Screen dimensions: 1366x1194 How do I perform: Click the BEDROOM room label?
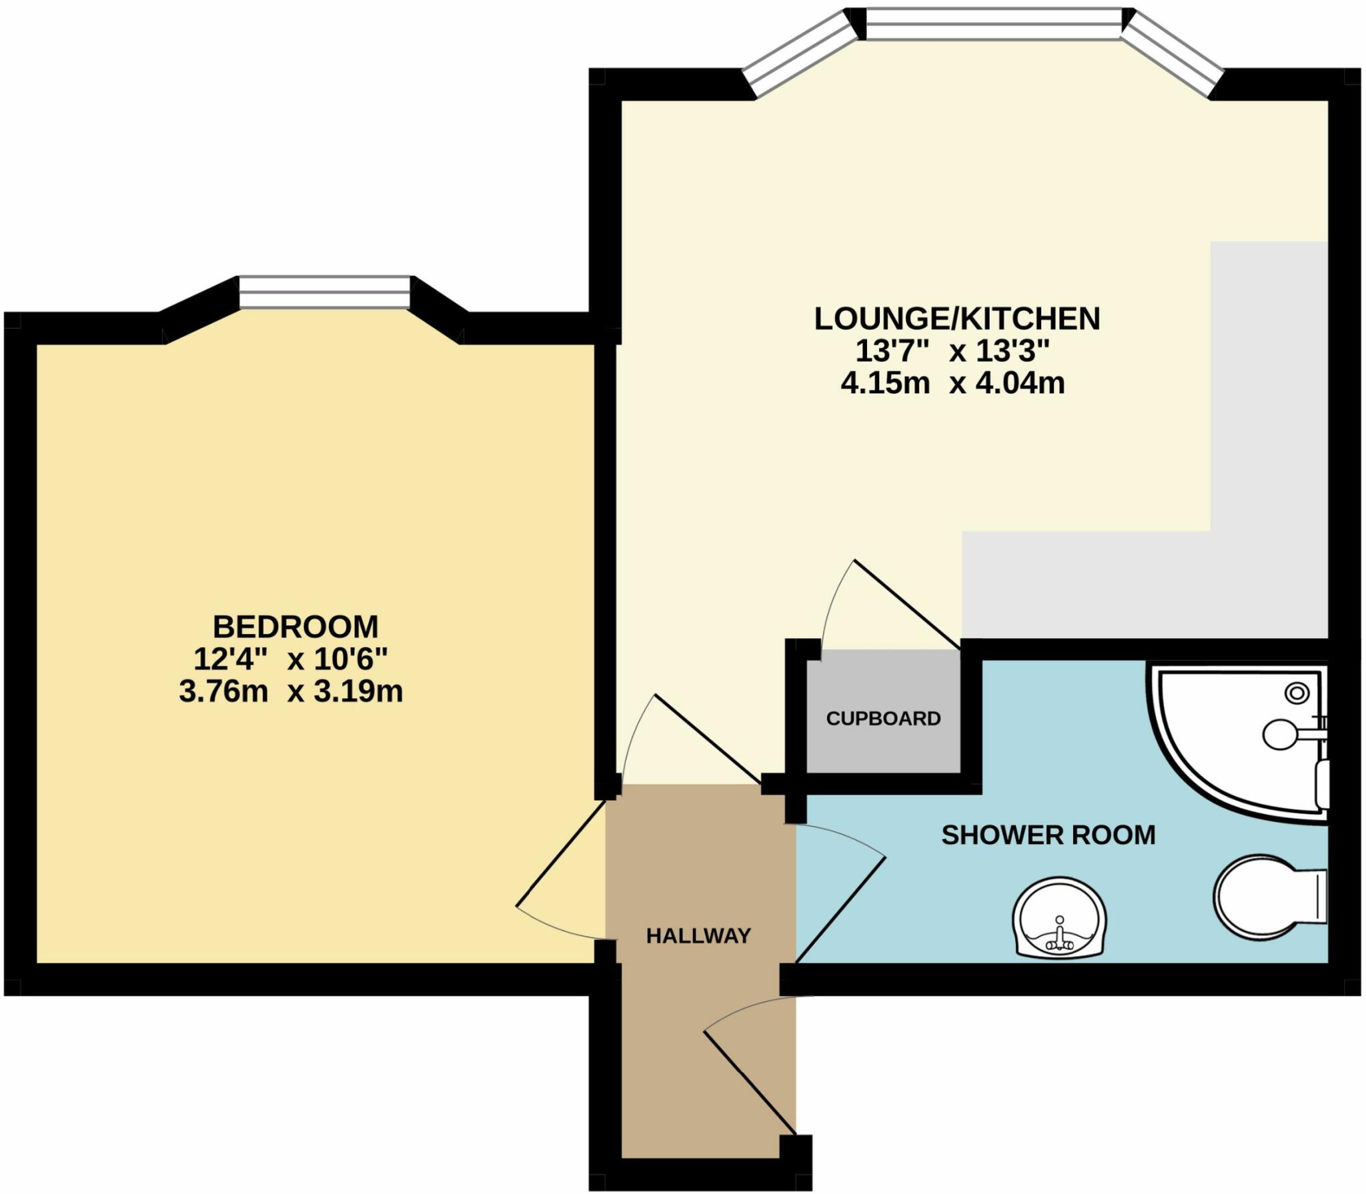point(295,627)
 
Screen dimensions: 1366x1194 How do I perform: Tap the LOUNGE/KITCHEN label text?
point(957,319)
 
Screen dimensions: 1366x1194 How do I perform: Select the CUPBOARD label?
point(883,718)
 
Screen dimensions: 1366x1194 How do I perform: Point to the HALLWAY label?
point(698,936)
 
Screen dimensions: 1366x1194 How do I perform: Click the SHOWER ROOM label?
point(1048,835)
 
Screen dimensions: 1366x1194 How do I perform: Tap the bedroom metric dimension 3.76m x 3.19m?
point(291,691)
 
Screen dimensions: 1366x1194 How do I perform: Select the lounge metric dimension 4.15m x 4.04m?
point(952,383)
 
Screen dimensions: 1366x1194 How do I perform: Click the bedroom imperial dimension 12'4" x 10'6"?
point(290,659)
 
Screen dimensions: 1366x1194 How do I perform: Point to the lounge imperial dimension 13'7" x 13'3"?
point(952,351)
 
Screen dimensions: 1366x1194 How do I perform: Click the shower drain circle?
point(1297,693)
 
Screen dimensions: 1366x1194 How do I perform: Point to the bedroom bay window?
point(324,293)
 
